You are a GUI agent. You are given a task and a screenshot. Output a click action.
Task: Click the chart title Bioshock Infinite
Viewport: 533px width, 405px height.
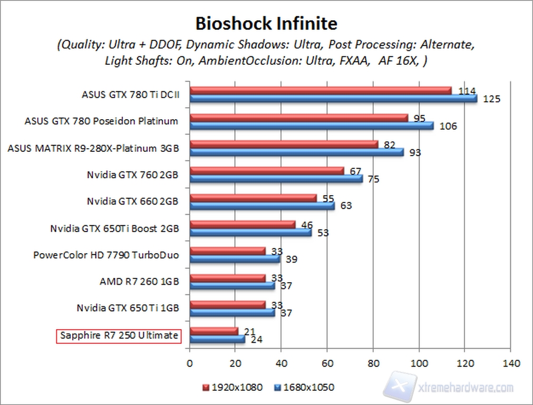point(266,24)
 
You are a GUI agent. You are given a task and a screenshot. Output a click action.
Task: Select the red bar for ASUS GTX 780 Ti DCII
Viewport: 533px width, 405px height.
point(321,90)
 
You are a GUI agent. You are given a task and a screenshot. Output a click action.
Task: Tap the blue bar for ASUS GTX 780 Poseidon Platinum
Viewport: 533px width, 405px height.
point(312,126)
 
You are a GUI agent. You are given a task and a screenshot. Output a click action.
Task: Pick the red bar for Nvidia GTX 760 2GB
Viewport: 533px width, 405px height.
point(267,170)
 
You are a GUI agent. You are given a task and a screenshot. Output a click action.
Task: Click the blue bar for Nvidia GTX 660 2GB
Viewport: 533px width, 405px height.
point(262,206)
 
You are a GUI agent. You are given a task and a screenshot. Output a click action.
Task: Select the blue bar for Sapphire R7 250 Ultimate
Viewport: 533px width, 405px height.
point(217,339)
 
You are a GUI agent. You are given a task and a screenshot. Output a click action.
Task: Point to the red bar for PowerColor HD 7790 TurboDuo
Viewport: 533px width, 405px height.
point(227,251)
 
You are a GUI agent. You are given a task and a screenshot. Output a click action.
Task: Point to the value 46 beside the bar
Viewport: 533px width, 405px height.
point(306,225)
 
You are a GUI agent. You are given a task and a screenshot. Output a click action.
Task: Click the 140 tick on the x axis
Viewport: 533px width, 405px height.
point(511,363)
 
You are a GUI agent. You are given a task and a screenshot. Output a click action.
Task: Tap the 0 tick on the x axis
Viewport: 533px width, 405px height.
point(190,363)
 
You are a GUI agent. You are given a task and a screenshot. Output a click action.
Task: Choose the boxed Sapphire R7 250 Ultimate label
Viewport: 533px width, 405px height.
point(119,335)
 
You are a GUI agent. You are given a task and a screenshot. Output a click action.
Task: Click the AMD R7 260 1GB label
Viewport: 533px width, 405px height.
point(139,282)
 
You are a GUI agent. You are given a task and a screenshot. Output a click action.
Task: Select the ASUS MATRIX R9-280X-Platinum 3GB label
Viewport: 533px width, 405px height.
point(93,148)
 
